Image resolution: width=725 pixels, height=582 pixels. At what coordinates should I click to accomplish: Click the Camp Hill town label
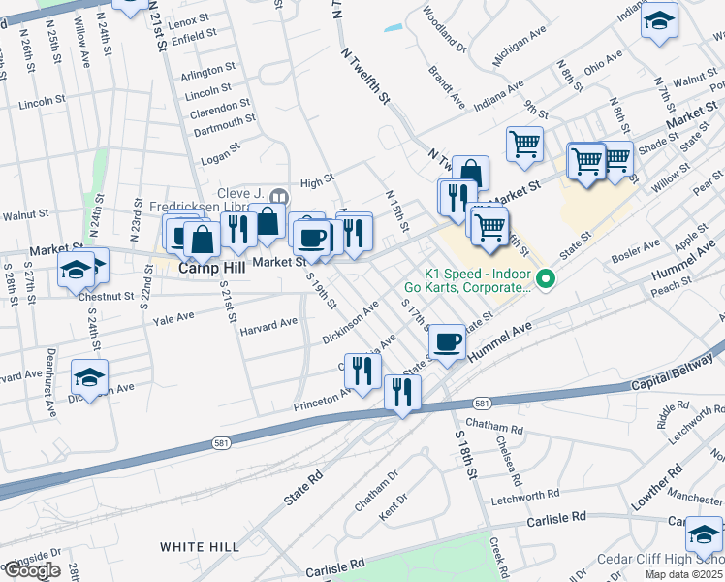pyautogui.click(x=211, y=267)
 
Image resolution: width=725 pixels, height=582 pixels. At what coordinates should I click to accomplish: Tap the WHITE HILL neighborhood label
pyautogui.click(x=200, y=547)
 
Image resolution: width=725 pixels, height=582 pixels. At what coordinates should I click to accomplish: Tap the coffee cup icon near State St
pyautogui.click(x=446, y=341)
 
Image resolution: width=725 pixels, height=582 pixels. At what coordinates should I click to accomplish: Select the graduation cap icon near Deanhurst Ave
pyautogui.click(x=89, y=377)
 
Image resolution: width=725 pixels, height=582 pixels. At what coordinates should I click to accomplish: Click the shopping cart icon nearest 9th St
pyautogui.click(x=524, y=144)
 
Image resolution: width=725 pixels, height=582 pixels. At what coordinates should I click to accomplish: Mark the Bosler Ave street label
pyautogui.click(x=635, y=250)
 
